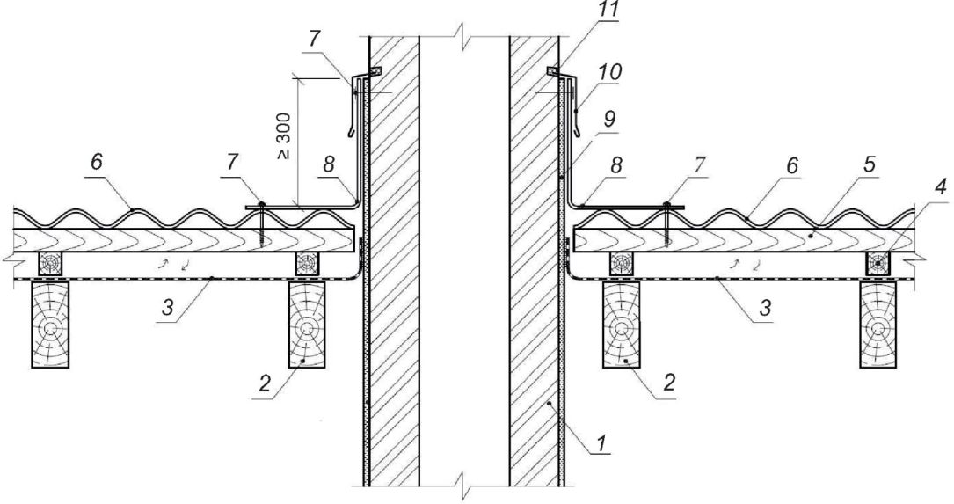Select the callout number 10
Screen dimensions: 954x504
(610, 72)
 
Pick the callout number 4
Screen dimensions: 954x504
(940, 187)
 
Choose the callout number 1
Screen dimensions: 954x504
(601, 444)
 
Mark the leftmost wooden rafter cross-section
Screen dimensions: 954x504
(50, 325)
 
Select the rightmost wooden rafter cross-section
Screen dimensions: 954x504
(878, 325)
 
